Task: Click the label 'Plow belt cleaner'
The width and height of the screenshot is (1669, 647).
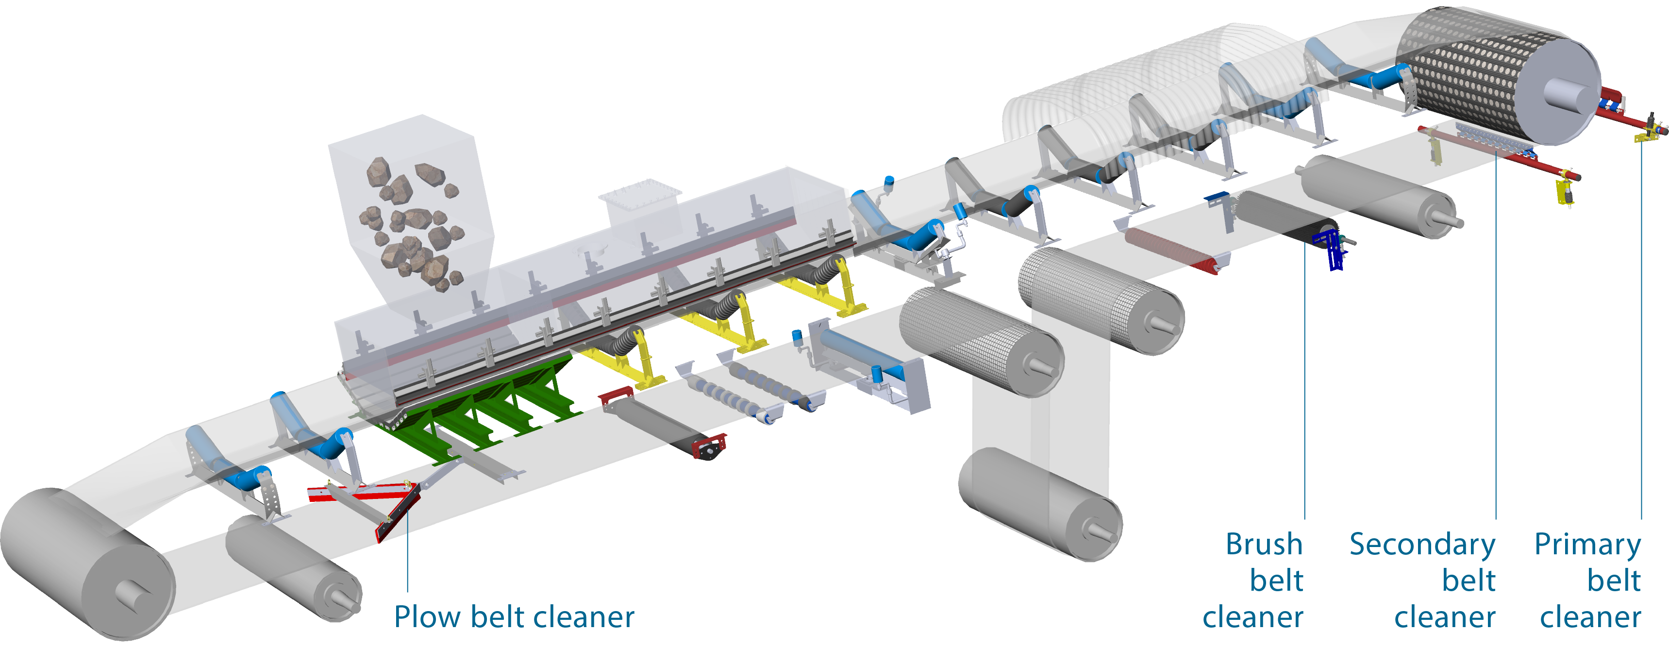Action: click(514, 616)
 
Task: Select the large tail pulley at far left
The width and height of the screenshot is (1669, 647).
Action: click(87, 564)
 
